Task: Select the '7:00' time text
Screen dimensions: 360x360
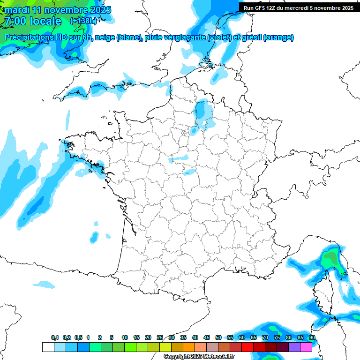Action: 16,21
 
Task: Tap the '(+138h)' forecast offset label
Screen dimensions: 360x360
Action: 83,21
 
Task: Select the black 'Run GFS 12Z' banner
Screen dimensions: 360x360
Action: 299,7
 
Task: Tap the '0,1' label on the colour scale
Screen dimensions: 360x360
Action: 54,338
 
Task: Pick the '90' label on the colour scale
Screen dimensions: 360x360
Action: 312,338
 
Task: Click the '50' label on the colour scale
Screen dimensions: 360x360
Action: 218,338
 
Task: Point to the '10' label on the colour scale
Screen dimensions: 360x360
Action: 125,338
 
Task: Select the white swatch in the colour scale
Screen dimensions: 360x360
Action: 48,347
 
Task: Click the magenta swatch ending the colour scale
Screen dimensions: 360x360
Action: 306,347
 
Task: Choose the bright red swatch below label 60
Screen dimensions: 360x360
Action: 247,347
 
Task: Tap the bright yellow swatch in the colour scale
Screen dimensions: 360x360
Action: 165,347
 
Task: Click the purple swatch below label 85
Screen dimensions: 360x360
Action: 294,347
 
